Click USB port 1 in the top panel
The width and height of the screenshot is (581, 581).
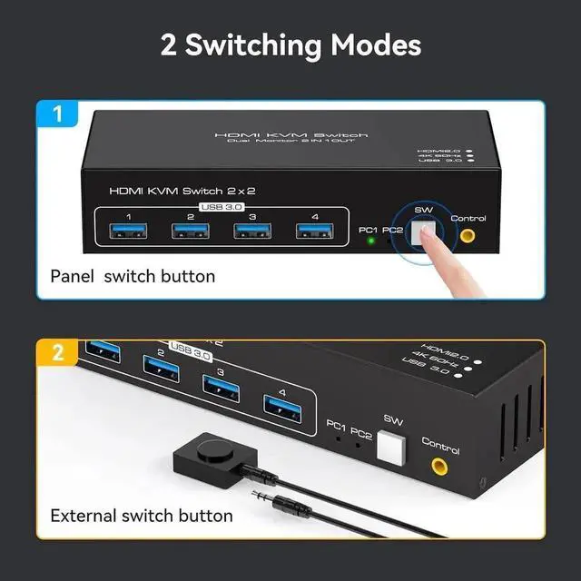coord(128,231)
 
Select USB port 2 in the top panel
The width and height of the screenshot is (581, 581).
coord(190,231)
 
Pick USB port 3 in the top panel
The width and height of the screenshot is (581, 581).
coord(251,231)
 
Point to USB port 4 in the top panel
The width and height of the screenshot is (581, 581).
coord(312,231)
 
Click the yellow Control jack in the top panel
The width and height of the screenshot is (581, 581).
coord(468,236)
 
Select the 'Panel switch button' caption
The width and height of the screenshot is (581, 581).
coord(133,276)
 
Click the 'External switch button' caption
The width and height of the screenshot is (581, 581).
coord(142,516)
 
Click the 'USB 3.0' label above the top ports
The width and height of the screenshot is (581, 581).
coord(222,208)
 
